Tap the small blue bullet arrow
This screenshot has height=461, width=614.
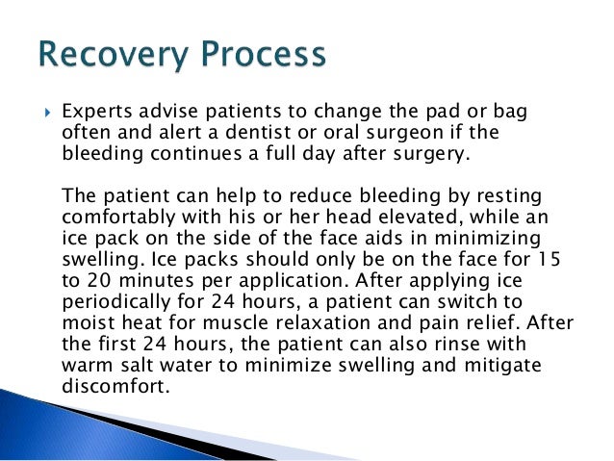tap(48, 114)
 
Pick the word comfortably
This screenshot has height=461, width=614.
tap(118, 218)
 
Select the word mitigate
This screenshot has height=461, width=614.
tap(502, 367)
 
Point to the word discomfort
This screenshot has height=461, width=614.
tap(116, 386)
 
